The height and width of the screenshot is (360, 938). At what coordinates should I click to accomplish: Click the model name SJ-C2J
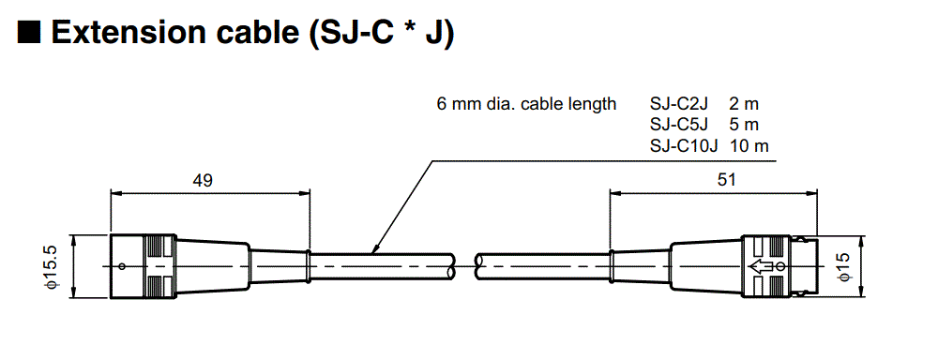click(x=680, y=104)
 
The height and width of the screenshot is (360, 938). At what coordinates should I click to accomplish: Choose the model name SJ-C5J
click(x=680, y=125)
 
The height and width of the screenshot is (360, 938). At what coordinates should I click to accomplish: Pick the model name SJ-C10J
click(x=684, y=145)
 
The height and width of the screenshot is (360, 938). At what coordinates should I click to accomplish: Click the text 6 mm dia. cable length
click(x=526, y=104)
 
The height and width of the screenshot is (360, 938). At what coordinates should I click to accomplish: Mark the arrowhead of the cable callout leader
click(x=374, y=250)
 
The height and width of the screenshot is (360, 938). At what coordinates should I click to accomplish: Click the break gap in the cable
click(x=466, y=265)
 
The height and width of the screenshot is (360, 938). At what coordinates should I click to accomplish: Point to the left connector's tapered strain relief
click(x=214, y=265)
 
